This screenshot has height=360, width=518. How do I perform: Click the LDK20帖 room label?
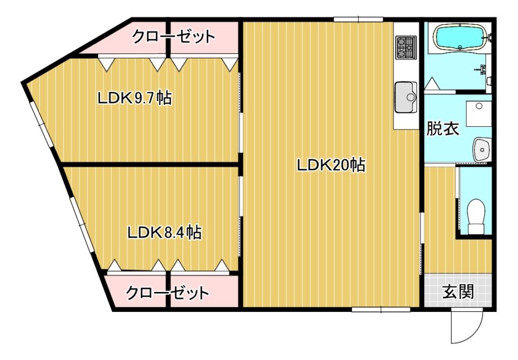point(331,165)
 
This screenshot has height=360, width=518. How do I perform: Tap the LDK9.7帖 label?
point(134,98)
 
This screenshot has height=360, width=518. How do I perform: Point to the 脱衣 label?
point(442,128)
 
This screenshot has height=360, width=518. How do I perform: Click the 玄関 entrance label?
point(458,291)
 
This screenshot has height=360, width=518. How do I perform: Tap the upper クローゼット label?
point(174,36)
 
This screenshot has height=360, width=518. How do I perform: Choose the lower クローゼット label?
point(167,293)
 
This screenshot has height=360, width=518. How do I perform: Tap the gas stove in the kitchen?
point(406,47)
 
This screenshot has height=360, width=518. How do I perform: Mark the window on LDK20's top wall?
point(358,19)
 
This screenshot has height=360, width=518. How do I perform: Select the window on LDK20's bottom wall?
point(380,309)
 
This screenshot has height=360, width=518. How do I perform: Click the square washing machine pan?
point(479,113)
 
